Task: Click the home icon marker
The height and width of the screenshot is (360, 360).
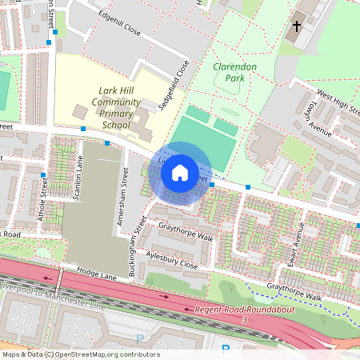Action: pos(180,172)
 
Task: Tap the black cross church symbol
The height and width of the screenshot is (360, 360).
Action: pos(297,26)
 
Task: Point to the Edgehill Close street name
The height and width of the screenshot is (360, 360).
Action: pos(120,42)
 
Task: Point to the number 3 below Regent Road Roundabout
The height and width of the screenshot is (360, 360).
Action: pos(245,320)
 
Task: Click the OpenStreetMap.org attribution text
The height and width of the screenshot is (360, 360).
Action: pos(80,354)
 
